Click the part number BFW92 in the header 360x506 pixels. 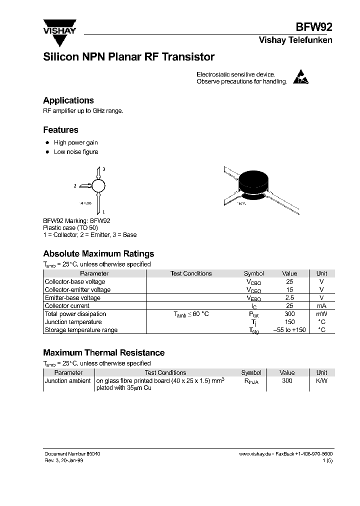[315, 27]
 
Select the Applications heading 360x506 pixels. [68, 100]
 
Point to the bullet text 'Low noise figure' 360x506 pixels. [76, 152]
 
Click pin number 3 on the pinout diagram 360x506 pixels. [103, 170]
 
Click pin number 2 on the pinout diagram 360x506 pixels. [75, 186]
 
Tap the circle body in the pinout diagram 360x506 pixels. [99, 186]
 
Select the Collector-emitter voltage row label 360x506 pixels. [77, 290]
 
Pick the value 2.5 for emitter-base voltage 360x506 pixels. [289, 298]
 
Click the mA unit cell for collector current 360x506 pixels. [321, 306]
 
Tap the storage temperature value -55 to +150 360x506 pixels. [289, 330]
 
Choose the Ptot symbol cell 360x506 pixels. [254, 314]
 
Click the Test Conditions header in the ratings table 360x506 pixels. [191, 273]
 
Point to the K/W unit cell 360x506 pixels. [321, 381]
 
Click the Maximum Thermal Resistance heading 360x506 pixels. [103, 353]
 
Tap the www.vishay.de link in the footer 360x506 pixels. [255, 453]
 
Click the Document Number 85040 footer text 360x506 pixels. [72, 453]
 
